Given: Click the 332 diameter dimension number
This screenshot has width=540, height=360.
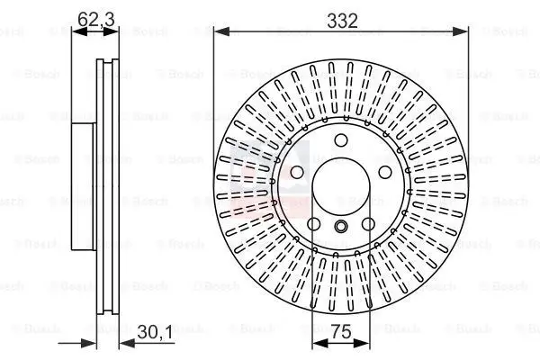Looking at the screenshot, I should coord(341,19).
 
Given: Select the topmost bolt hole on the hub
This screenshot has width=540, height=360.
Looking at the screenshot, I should coord(341,139).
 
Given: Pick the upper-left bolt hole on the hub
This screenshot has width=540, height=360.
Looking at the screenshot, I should coord(296,172).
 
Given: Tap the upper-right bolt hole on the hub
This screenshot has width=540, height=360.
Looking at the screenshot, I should coord(385,172).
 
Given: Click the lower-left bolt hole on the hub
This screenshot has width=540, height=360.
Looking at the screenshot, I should coord(313,224).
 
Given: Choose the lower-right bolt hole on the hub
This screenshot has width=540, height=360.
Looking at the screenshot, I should coord(369,224).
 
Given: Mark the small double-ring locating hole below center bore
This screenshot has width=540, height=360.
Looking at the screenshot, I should coord(341,227).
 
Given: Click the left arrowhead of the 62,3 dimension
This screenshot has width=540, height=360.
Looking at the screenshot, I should coord(75,31).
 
